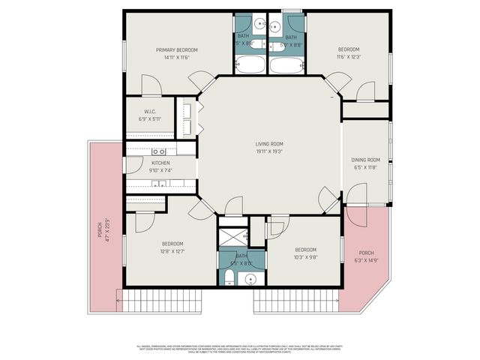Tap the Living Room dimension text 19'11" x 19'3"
[268, 151]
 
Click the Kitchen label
[161, 163]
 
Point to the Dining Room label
[366, 160]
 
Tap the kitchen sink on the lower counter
[159, 183]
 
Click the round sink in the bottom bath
[251, 279]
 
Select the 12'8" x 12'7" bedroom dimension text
[173, 251]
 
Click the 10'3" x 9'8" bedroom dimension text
[304, 257]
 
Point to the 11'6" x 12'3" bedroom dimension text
[349, 57]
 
